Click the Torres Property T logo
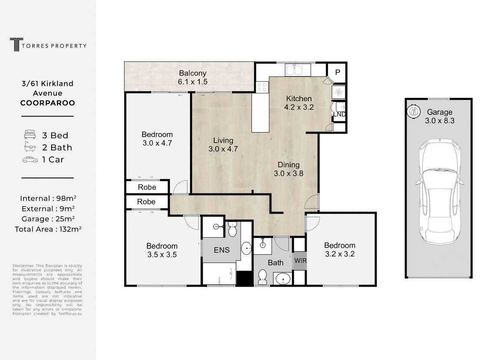click(16, 44)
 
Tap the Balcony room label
click(192, 73)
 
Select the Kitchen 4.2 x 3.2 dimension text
click(299, 107)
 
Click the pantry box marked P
click(338, 73)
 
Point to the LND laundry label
click(339, 114)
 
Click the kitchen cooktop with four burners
click(262, 87)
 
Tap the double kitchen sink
click(294, 70)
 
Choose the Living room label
click(223, 140)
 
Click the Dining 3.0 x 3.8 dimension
click(288, 173)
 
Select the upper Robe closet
click(147, 187)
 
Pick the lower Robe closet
click(146, 202)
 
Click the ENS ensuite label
click(222, 250)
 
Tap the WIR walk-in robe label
click(300, 260)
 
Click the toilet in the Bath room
click(262, 277)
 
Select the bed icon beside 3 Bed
click(30, 134)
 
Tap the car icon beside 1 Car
click(30, 160)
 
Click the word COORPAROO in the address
click(48, 103)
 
